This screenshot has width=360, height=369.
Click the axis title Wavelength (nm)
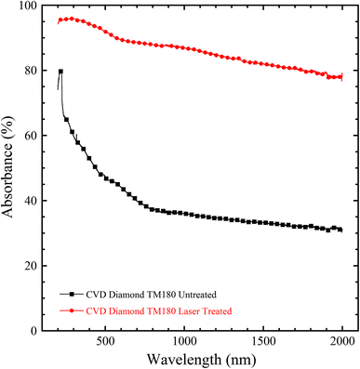[196, 359]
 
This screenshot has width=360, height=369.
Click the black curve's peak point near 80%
[60, 72]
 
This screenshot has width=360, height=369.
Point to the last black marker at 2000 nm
[340, 230]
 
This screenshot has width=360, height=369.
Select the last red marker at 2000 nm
[340, 77]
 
